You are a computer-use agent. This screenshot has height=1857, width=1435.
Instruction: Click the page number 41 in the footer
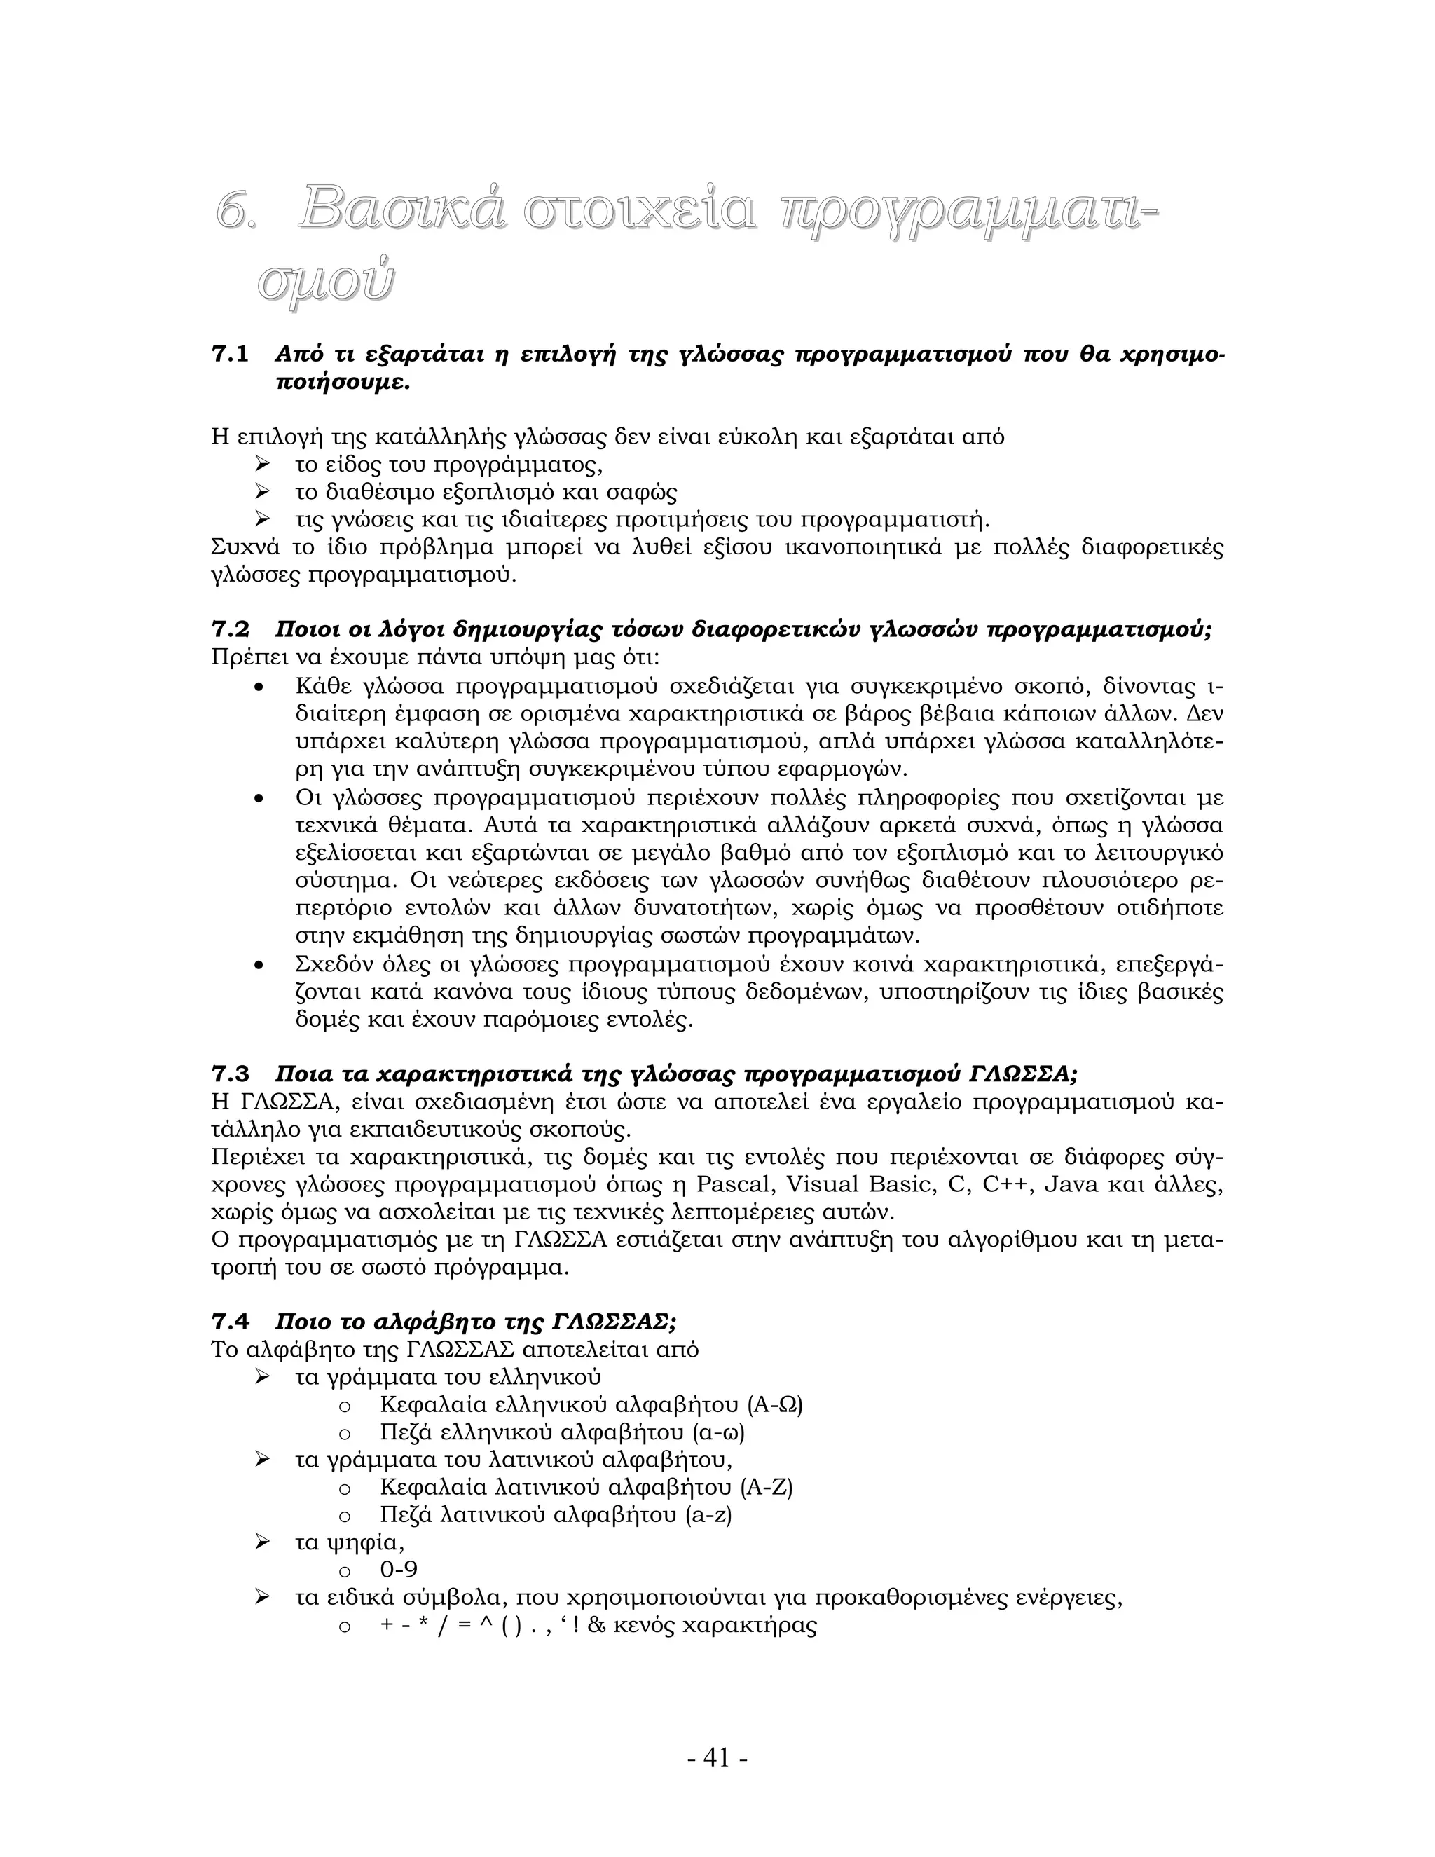click(x=717, y=1757)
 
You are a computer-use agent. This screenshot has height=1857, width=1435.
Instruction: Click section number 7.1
click(x=230, y=355)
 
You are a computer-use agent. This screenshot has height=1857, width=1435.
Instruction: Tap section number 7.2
click(x=230, y=630)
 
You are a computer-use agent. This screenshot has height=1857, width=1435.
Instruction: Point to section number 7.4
click(x=230, y=1322)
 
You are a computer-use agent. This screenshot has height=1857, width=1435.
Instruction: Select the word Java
click(x=1071, y=1184)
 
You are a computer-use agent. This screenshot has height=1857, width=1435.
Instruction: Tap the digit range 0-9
click(x=399, y=1570)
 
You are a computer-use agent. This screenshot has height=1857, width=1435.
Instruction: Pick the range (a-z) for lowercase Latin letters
click(x=708, y=1514)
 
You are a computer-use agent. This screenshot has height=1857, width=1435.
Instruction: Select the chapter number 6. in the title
click(x=235, y=211)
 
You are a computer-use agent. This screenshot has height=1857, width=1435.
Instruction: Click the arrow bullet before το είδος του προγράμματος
click(x=262, y=464)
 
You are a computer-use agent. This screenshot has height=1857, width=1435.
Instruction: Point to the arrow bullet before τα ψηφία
click(x=262, y=1542)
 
